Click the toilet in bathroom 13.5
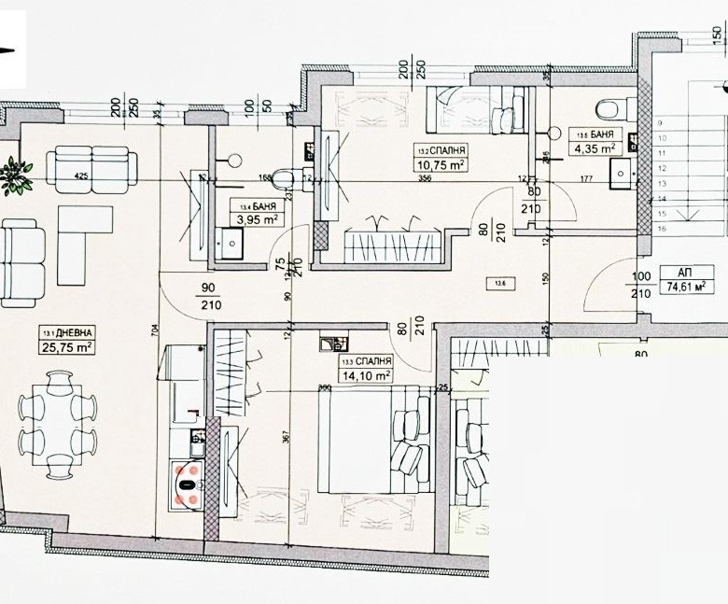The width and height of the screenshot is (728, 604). click(607, 110)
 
